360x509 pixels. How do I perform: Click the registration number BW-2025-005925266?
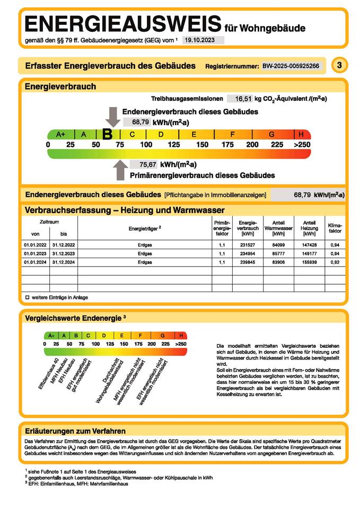(291, 66)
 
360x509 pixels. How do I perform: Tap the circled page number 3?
(339, 65)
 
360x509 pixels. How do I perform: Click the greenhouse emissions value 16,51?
(243, 99)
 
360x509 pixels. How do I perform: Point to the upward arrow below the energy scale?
(120, 170)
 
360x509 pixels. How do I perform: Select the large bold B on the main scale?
(107, 135)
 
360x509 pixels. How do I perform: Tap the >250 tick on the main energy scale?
(302, 145)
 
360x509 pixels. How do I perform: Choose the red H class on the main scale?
(301, 135)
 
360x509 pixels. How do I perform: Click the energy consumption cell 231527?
(248, 245)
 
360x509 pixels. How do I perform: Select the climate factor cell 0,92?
(335, 262)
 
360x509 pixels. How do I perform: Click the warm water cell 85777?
(278, 253)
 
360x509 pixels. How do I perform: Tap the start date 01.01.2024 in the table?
(36, 262)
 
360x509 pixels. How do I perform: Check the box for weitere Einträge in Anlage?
(27, 297)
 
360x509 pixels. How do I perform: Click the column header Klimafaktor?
(335, 228)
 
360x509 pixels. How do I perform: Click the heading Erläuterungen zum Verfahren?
(75, 431)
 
